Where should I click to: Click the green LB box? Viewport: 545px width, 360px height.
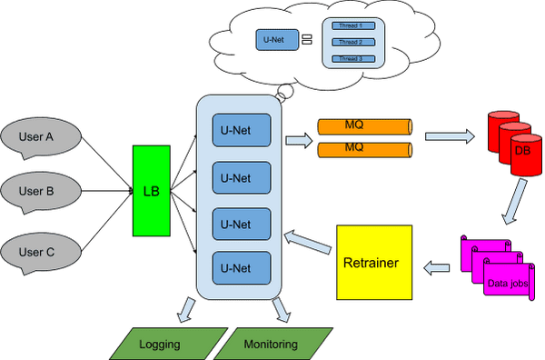150,191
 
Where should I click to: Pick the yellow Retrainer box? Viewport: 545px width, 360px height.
373,263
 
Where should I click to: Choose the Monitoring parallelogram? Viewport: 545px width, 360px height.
270,345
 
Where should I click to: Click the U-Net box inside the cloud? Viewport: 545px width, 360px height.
273,39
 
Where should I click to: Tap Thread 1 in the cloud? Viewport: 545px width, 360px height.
351,25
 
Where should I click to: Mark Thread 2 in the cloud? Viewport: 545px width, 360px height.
351,42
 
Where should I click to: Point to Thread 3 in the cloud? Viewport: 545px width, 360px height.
351,58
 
